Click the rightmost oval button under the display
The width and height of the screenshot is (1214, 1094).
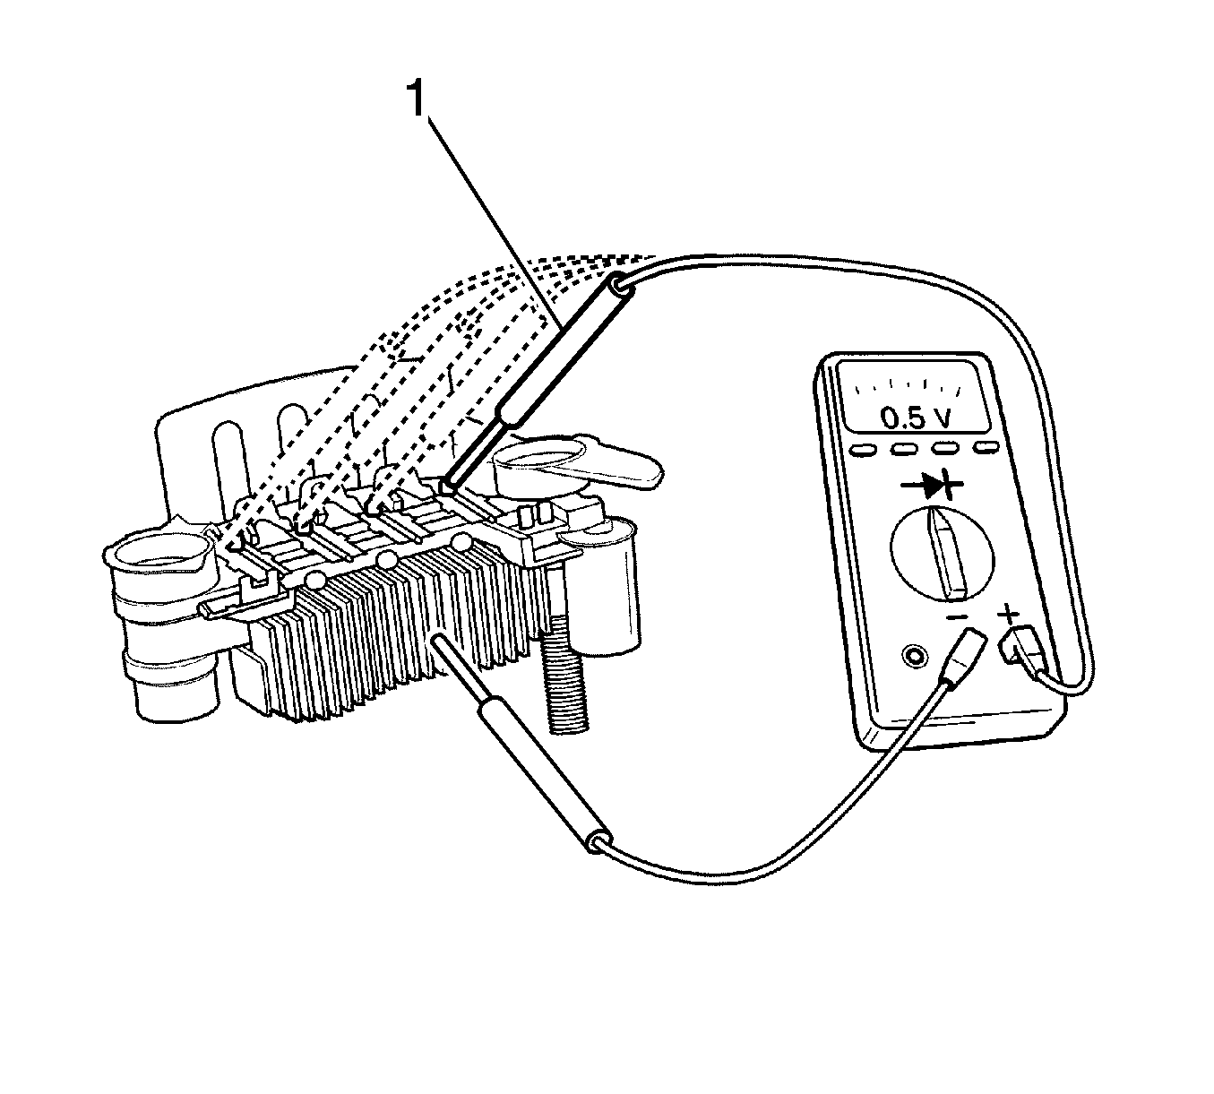(x=987, y=447)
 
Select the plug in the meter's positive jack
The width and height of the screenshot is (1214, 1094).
(x=1024, y=652)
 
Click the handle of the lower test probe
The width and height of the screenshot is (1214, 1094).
(x=544, y=776)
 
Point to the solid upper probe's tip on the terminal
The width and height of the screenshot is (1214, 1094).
(x=449, y=487)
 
